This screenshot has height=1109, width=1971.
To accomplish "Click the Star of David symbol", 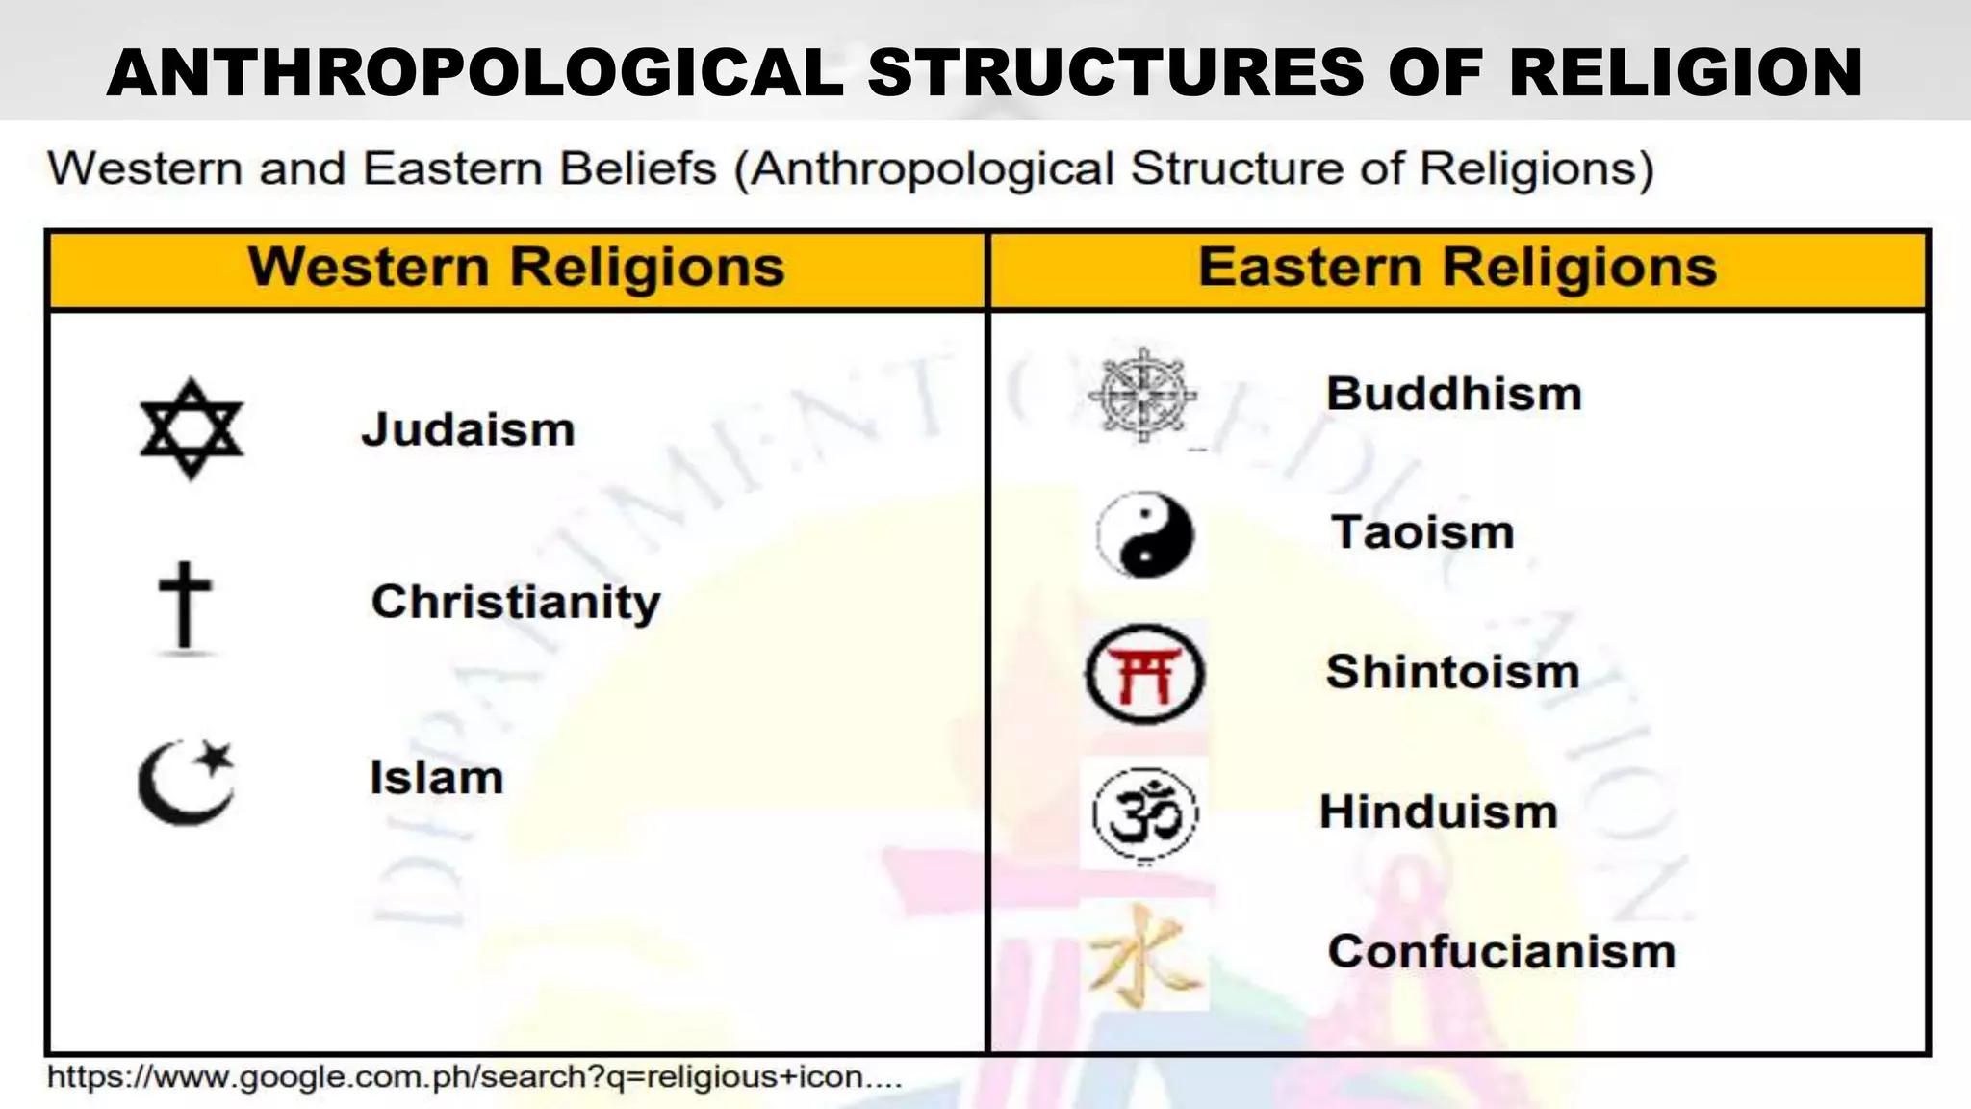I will [x=191, y=428].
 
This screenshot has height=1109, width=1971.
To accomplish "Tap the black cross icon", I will [x=185, y=606].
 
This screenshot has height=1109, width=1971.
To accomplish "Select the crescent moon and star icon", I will [x=187, y=782].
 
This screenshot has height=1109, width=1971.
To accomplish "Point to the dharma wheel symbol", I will [x=1142, y=395].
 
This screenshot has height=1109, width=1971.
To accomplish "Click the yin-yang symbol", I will [x=1144, y=534].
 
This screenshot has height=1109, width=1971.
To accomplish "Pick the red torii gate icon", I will [x=1144, y=673].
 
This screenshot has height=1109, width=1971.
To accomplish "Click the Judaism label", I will [x=468, y=429].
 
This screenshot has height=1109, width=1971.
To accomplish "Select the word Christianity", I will [x=516, y=603].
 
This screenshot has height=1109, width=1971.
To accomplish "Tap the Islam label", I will [x=436, y=778].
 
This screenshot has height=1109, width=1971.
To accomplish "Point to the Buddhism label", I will [x=1453, y=394].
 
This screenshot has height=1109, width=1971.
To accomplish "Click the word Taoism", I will [x=1422, y=532].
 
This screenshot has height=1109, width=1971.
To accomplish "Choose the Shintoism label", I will [x=1452, y=672].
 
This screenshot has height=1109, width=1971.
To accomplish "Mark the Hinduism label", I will [x=1438, y=812].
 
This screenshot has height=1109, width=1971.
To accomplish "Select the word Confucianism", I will [x=1501, y=951].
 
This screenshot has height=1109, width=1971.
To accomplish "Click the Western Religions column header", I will [x=516, y=268].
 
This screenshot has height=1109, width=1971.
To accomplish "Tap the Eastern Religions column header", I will [x=1457, y=268].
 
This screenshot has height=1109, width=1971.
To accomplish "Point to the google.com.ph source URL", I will [x=474, y=1076].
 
